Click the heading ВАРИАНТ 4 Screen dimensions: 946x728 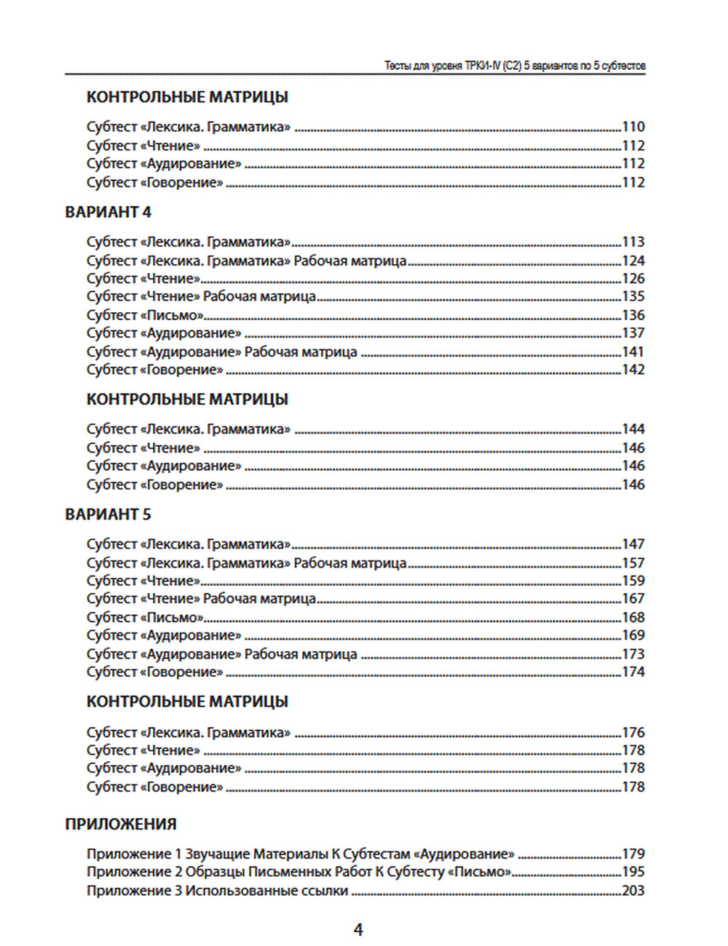coord(108,212)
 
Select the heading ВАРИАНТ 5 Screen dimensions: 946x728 coord(108,514)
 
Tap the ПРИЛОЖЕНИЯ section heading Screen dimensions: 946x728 coord(121,824)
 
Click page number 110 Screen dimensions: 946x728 coord(633,127)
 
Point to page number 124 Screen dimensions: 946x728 coord(633,261)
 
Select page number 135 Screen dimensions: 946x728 coord(633,296)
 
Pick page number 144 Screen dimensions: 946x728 coord(633,429)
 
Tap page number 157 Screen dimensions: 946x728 coord(633,563)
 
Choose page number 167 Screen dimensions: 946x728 coord(633,598)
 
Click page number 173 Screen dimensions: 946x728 coord(633,653)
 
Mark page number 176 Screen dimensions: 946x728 coord(633,732)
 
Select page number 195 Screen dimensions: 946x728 coord(633,871)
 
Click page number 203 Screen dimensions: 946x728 coord(633,890)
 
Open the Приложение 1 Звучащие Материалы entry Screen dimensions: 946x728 coord(300,854)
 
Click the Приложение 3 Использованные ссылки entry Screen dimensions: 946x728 coord(217,890)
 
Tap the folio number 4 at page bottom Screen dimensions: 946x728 coord(358,929)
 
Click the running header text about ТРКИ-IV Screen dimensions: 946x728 coord(515,65)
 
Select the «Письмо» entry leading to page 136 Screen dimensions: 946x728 coord(145,315)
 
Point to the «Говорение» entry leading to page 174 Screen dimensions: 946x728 coord(154,672)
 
